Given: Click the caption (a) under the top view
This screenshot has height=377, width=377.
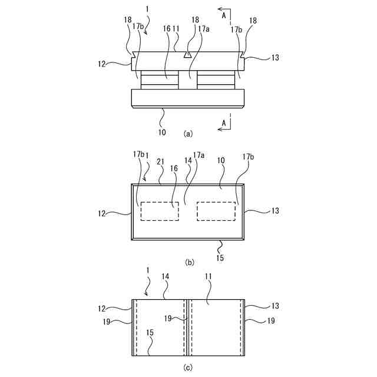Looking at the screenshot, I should click(x=188, y=134).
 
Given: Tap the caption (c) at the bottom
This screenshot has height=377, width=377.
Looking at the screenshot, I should click(x=188, y=368).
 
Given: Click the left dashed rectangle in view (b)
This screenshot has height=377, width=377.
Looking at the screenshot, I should click(x=160, y=211).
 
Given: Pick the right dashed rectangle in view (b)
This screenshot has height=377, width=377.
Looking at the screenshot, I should click(x=216, y=211).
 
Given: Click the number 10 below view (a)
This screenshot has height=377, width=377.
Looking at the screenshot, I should click(x=162, y=131).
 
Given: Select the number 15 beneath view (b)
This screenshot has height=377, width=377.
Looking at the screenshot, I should click(x=220, y=257).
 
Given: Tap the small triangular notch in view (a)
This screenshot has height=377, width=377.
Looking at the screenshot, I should click(x=187, y=55).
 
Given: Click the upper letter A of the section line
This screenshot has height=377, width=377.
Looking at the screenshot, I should click(x=221, y=9).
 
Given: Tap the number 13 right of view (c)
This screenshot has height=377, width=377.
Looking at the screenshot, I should click(x=259, y=306).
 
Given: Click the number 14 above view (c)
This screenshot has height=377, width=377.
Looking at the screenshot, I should click(x=167, y=284).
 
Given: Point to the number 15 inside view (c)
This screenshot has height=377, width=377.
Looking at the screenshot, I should click(x=150, y=333).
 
